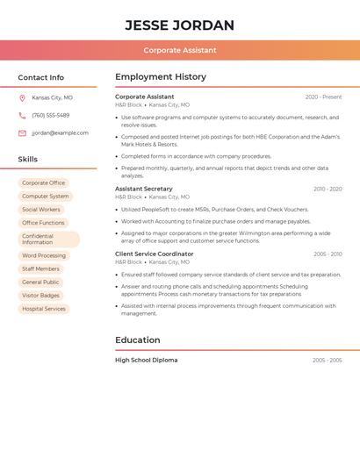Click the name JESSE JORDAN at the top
(179, 25)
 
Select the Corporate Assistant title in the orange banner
(179, 50)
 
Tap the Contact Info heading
(40, 77)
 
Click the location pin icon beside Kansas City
(22, 98)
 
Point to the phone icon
(22, 116)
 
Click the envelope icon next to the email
(22, 133)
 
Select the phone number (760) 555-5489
(50, 116)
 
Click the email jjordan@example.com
(60, 133)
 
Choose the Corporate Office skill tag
(43, 183)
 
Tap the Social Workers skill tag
(41, 210)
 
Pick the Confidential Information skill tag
(48, 239)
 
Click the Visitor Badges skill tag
(41, 296)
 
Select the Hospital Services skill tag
(44, 309)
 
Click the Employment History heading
(160, 77)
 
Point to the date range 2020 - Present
(323, 97)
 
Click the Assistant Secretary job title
(143, 189)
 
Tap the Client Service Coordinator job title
(154, 254)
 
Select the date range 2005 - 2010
(328, 254)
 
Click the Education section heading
(137, 340)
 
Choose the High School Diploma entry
(146, 360)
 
